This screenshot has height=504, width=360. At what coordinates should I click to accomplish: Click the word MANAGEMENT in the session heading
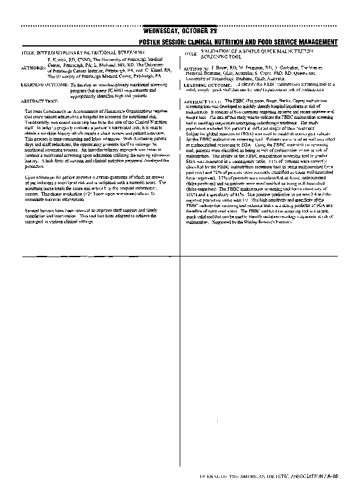pos(315,42)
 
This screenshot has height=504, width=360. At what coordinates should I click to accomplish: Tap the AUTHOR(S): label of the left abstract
pos(33,69)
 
